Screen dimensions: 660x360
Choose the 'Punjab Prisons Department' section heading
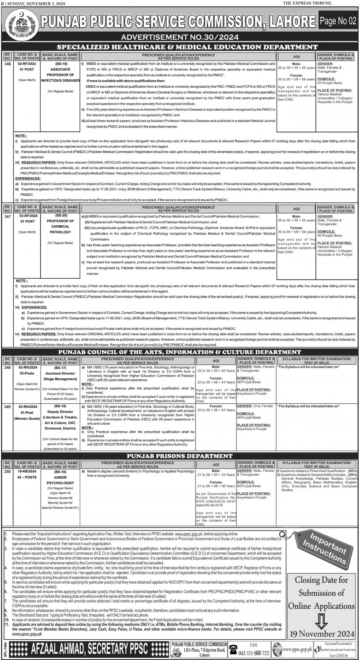[x=180, y=456]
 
